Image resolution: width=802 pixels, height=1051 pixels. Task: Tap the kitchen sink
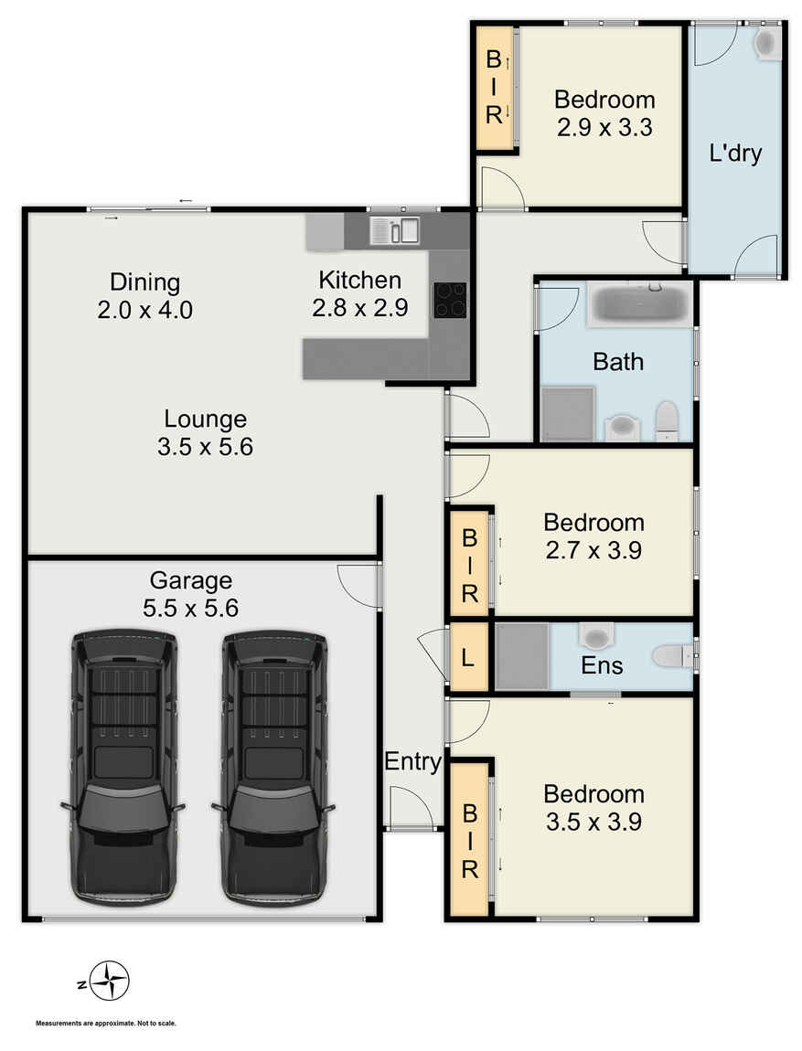point(394,230)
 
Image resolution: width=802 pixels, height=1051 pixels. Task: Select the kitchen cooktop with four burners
point(450,300)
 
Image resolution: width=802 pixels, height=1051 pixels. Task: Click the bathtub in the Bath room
point(638,304)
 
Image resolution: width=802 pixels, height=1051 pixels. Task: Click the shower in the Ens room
point(522,655)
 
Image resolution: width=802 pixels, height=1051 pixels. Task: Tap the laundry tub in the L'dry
point(767,43)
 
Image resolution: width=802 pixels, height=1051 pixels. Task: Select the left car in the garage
point(123,768)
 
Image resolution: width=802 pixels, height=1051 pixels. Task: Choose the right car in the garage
point(273,768)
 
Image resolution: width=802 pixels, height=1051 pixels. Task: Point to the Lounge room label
point(205,419)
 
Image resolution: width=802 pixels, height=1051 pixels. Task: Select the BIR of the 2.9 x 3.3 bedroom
point(494,88)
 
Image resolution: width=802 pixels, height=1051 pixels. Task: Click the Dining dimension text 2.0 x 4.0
point(145,310)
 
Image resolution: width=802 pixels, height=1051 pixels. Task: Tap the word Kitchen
point(359,280)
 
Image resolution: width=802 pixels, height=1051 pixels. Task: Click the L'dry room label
point(735,154)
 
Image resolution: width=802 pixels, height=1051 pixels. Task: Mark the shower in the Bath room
point(568,413)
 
